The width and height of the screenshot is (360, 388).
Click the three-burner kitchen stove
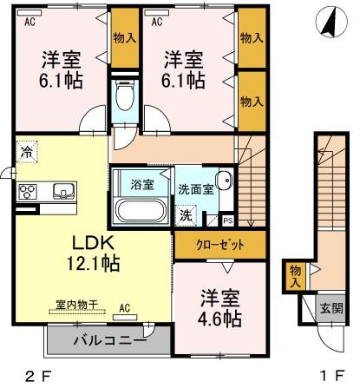(26, 192)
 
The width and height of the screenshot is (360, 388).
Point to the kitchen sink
(63, 192)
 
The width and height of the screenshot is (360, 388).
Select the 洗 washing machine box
(187, 214)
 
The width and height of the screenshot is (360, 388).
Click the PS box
(227, 221)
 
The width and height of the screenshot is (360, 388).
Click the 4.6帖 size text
(217, 319)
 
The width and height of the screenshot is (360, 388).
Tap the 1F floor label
(329, 376)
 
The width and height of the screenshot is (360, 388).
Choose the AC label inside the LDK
(125, 307)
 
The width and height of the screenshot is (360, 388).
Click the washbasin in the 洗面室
(224, 182)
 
